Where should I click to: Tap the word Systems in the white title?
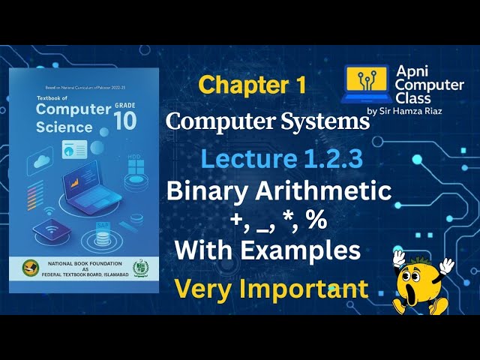(322, 121)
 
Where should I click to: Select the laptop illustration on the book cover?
(94, 187)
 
